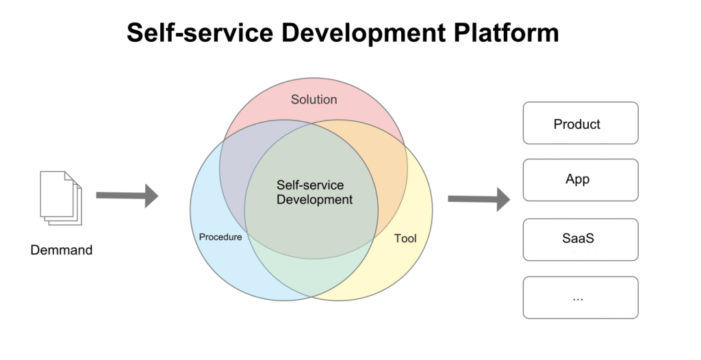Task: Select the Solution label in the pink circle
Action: pos(314,99)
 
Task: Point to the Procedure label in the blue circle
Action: pos(220,237)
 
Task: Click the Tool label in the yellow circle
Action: pos(405,239)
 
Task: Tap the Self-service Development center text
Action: pos(314,192)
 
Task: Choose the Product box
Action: pos(580,123)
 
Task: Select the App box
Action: pos(580,180)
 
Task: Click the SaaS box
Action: pos(580,240)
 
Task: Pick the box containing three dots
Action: pos(580,298)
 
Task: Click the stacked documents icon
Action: pos(60,198)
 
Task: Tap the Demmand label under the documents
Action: pos(61,250)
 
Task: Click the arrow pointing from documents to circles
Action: pos(127,196)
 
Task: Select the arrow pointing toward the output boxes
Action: pos(479,199)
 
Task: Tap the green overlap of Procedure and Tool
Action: pos(311,274)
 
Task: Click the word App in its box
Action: pos(577,180)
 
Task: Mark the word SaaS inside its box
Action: pos(577,240)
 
